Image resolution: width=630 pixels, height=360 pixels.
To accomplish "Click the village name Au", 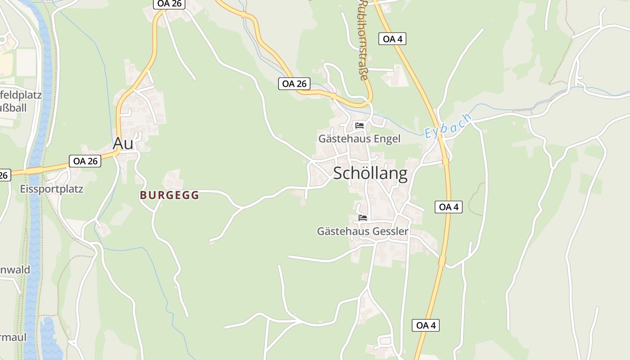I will tap(123, 143).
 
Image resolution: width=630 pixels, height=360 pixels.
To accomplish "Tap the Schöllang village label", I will tap(370, 174).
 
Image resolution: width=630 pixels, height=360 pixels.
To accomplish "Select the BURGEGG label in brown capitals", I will tap(169, 195).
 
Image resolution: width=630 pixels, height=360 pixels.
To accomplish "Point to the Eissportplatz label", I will tap(52, 189).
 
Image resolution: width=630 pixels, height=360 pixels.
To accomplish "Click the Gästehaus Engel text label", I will tap(359, 139).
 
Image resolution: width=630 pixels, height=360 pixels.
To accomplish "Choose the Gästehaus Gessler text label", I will tap(363, 231).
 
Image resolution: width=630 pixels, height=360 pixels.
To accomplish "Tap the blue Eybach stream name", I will tap(448, 126).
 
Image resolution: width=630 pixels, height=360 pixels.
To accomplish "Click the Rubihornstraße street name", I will tap(363, 40).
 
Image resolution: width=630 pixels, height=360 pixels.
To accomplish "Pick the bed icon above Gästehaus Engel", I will tap(359, 126).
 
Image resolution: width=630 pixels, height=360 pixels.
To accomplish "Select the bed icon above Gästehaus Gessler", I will tap(363, 218).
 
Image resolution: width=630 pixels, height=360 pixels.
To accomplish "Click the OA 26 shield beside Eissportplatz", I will tap(85, 161).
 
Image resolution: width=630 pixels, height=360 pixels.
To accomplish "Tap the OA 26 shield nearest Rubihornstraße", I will tap(294, 83).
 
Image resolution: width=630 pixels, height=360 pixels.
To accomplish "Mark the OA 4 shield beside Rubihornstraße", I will tap(392, 39).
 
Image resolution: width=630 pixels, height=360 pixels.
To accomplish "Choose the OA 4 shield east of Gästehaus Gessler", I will tap(449, 207).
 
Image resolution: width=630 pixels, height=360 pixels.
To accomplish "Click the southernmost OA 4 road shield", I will tap(425, 325).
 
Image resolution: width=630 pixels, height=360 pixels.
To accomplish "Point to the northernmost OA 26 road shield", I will tap(168, 4).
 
